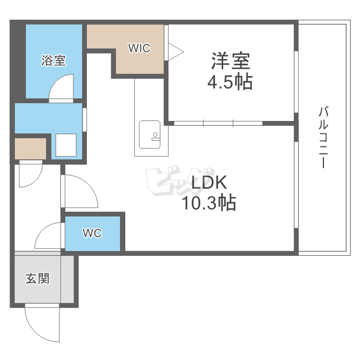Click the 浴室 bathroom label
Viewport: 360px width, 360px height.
[x=53, y=61]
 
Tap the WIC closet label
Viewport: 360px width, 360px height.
[x=139, y=48]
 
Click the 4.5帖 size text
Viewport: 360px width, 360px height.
[x=230, y=83]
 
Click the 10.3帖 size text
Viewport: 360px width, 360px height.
[x=208, y=204]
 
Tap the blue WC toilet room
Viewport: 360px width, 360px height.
[x=93, y=234]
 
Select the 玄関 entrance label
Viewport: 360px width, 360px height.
[x=37, y=278]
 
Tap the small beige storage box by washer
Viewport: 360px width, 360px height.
[x=30, y=149]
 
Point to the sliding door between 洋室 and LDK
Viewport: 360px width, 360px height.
[x=218, y=123]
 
